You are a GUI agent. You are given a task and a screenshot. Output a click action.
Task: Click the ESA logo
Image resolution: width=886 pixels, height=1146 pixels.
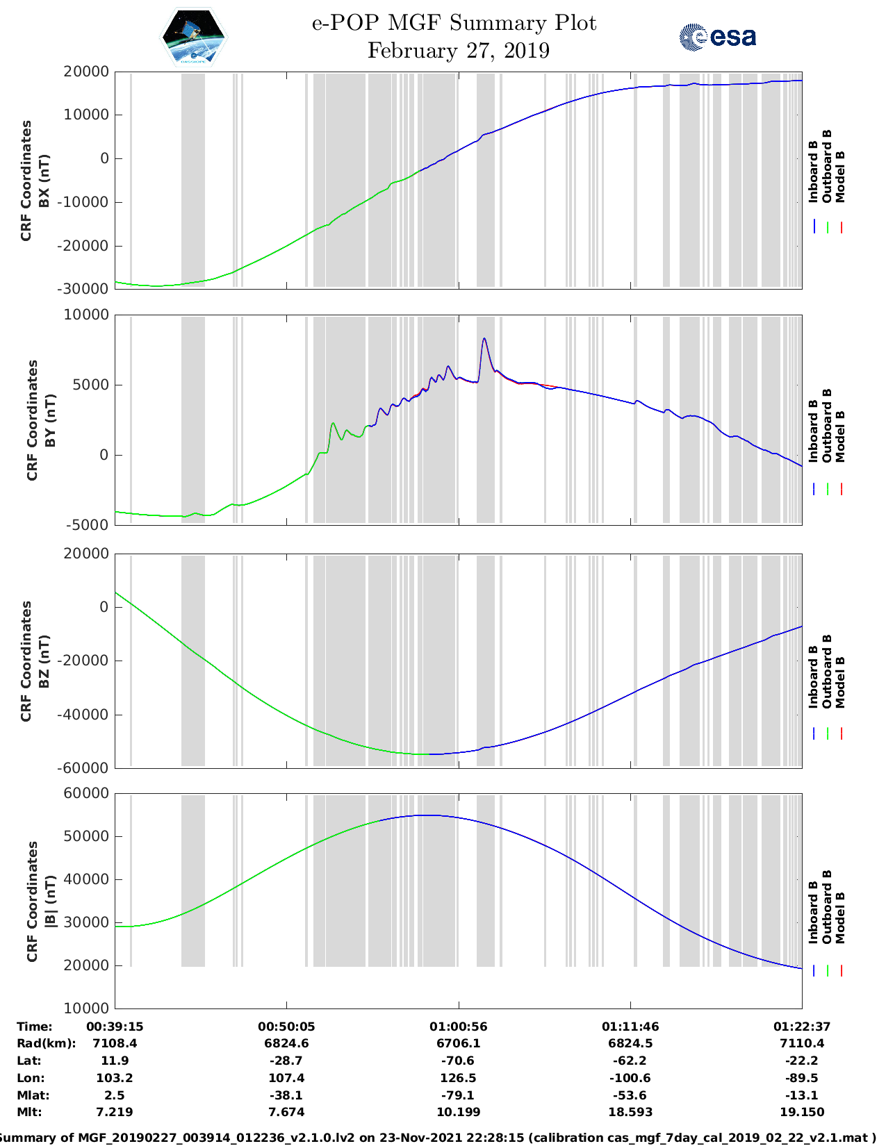(717, 37)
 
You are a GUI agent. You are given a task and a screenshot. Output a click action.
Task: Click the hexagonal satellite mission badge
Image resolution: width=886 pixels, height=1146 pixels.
(193, 37)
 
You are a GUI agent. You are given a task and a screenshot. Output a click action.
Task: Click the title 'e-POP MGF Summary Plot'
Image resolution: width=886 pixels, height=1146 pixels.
(454, 23)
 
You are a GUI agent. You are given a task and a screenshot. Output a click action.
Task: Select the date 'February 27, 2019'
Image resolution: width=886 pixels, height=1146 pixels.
(458, 51)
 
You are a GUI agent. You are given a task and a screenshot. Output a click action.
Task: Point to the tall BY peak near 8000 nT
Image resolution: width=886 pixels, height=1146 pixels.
(484, 340)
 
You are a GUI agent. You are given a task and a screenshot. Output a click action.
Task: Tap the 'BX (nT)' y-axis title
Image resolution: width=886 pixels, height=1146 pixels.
(43, 181)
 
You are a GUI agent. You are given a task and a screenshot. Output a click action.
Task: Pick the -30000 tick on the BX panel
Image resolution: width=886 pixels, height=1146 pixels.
(85, 288)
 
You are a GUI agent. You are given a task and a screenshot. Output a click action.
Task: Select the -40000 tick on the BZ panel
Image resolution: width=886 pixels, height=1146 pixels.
(85, 714)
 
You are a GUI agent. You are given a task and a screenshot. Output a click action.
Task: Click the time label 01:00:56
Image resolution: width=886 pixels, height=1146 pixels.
(458, 1027)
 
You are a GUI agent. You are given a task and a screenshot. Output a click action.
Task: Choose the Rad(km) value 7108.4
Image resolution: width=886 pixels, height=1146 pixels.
(115, 1043)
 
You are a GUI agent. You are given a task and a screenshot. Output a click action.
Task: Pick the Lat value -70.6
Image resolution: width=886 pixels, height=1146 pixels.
(458, 1061)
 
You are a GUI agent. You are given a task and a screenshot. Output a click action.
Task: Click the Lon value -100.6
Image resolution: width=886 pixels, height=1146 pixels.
(630, 1078)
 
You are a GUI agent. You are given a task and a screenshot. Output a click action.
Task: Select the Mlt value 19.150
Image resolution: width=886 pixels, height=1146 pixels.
(801, 1112)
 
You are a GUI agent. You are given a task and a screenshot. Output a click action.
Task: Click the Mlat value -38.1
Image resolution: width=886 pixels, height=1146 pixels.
(286, 1095)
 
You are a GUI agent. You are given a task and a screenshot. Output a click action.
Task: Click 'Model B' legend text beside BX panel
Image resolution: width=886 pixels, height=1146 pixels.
(840, 176)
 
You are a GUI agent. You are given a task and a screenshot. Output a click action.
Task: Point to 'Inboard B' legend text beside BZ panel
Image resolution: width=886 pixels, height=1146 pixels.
(813, 677)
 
